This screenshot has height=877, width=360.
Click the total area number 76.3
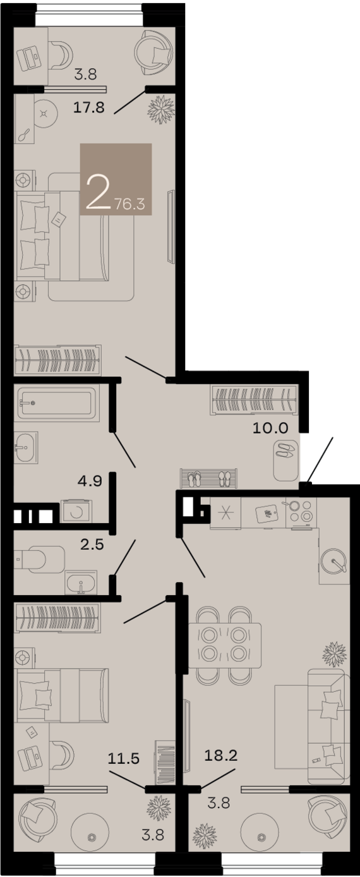pyautogui.click(x=129, y=203)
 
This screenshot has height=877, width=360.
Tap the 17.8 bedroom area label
pyautogui.click(x=88, y=107)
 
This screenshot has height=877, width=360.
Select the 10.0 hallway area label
pyautogui.click(x=270, y=428)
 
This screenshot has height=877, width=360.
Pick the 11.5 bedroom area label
pyautogui.click(x=124, y=758)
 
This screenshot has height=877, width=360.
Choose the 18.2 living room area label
pyautogui.click(x=220, y=756)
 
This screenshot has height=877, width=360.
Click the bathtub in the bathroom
pyautogui.click(x=57, y=402)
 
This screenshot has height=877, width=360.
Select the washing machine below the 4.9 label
pyautogui.click(x=75, y=511)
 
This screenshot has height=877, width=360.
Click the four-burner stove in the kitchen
pyautogui.click(x=300, y=511)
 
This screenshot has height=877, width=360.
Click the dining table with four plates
pyautogui.click(x=225, y=645)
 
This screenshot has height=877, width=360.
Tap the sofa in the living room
pyautogui.click(x=328, y=727)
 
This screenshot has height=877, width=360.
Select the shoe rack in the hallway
pyautogui.click(x=209, y=479)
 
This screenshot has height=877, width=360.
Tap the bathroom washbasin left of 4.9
pyautogui.click(x=27, y=447)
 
